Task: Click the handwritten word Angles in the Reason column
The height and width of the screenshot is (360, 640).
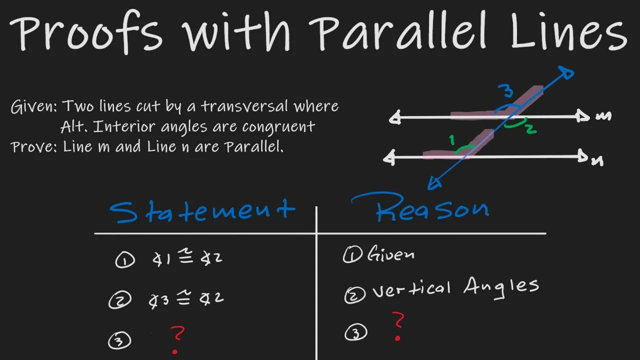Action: tap(501, 286)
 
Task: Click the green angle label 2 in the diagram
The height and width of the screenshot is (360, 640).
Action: tap(530, 129)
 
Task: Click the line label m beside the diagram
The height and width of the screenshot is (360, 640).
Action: tap(603, 116)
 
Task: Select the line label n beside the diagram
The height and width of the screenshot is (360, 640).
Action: tap(597, 160)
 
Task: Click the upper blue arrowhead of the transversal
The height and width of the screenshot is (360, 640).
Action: tap(567, 73)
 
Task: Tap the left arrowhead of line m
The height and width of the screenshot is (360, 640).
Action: tap(395, 119)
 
